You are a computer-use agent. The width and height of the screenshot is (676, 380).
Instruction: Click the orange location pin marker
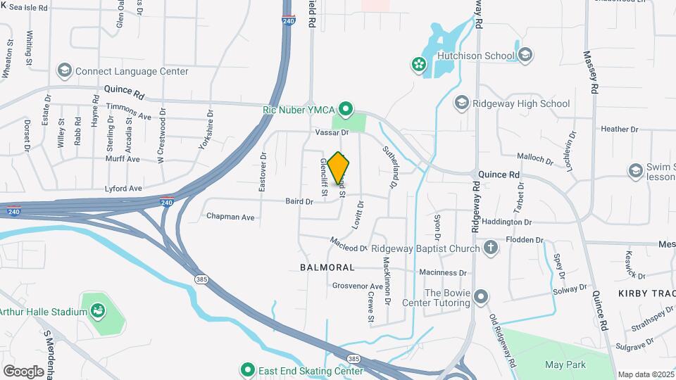coord(339,167)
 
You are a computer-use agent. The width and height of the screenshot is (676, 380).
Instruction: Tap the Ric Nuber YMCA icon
coord(345,108)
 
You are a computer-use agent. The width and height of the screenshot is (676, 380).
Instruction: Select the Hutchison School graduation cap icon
coord(525,55)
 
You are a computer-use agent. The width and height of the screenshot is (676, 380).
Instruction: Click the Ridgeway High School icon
coord(461,103)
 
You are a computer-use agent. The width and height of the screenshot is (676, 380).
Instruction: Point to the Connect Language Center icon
coord(65,71)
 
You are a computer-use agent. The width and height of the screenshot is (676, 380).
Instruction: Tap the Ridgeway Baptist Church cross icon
coord(490,248)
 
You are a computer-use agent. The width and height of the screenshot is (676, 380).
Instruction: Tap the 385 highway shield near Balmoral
coord(201,280)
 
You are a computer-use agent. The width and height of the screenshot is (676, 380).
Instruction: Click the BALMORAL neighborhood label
coord(327,268)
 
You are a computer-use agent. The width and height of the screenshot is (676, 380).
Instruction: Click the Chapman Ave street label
coord(230,217)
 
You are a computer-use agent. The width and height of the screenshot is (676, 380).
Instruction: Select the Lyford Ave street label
coord(123,189)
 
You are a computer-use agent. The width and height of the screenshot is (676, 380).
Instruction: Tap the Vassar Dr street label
coord(332,132)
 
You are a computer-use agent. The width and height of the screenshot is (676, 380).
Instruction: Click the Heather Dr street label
coord(619,129)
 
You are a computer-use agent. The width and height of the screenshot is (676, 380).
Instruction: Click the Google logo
coord(23,371)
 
